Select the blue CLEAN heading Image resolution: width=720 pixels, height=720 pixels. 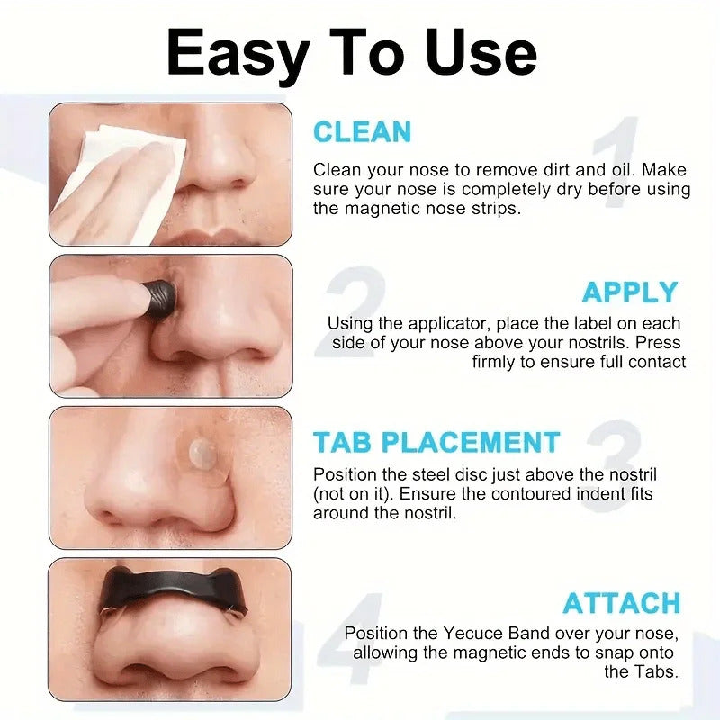[x=362, y=132]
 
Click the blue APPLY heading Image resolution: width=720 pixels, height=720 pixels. [x=629, y=292]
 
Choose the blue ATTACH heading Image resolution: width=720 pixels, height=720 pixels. [x=622, y=602]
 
